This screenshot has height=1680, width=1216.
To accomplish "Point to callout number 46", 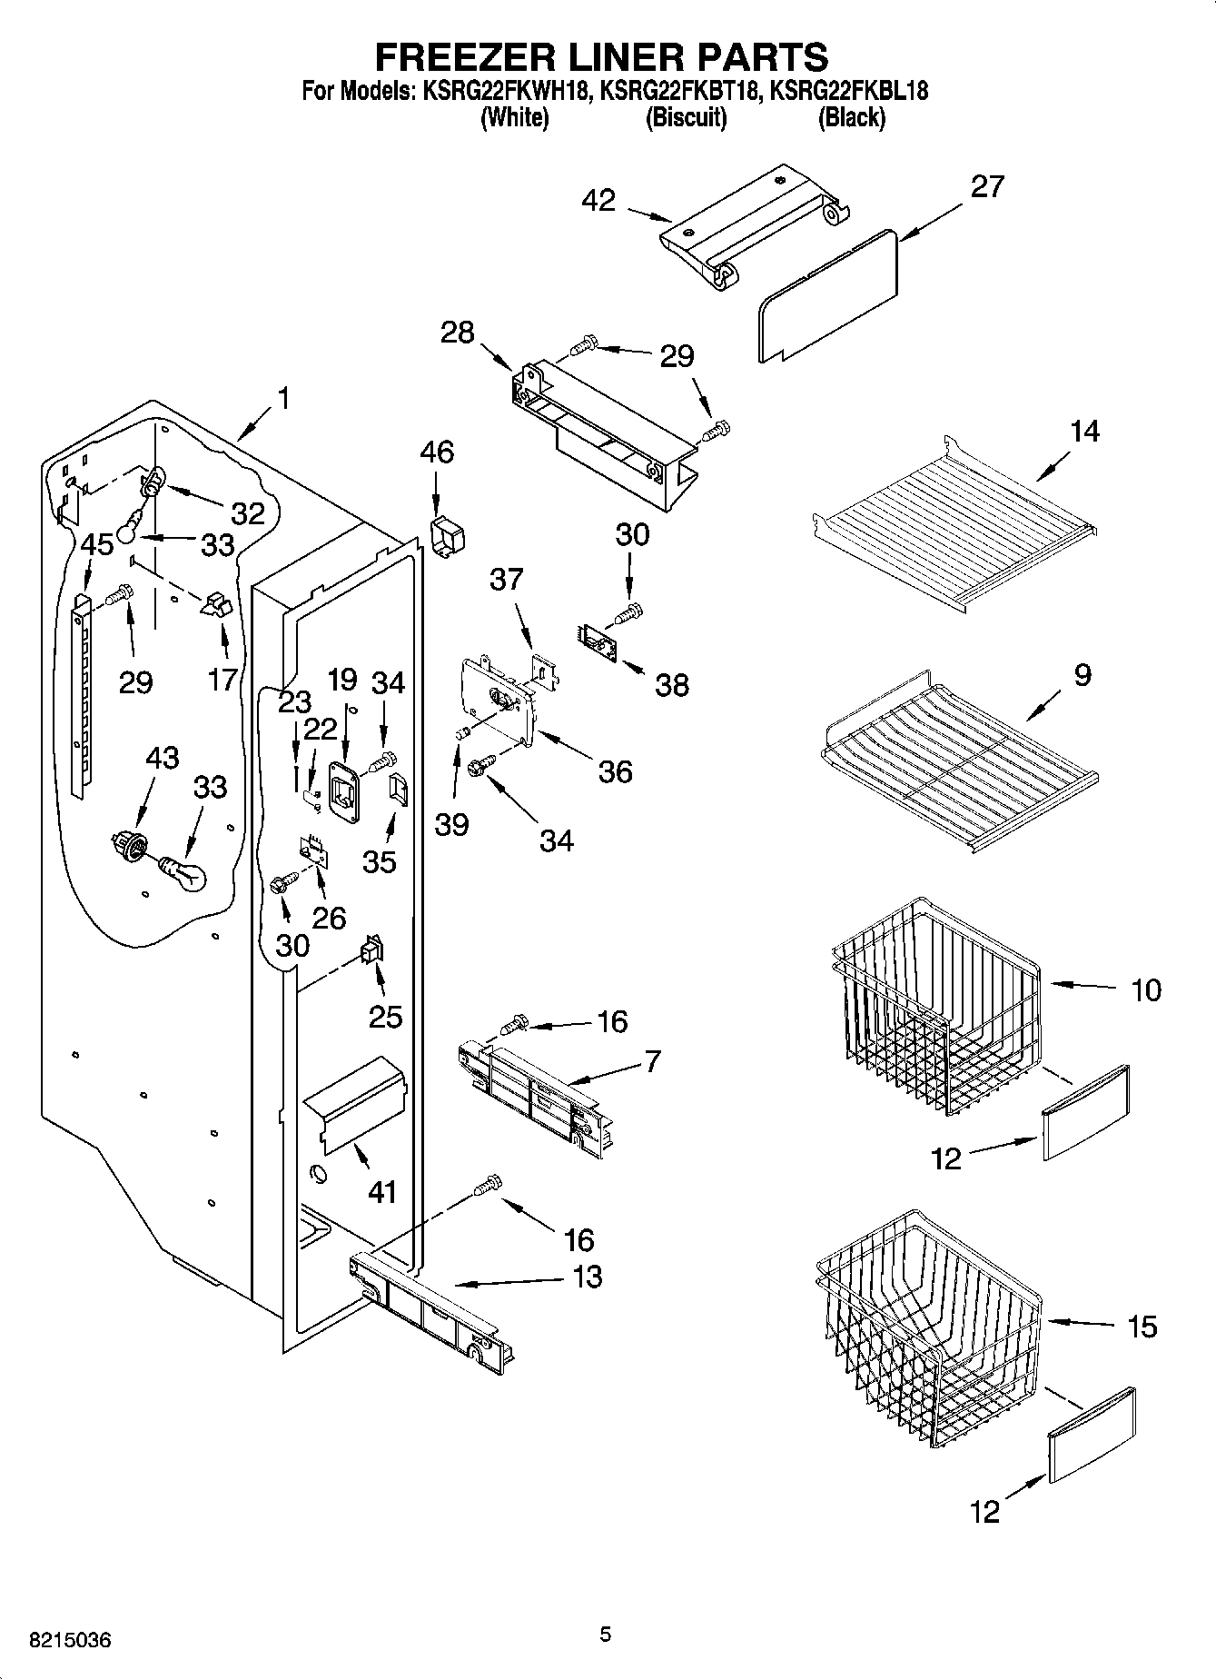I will (437, 452).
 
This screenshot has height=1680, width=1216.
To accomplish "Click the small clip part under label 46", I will (444, 537).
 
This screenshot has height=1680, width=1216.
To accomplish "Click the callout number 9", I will (1081, 674).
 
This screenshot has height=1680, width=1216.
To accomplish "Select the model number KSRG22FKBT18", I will (678, 91).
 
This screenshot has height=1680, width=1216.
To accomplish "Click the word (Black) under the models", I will (851, 117).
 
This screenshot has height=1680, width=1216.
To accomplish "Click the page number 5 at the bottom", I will (606, 1635).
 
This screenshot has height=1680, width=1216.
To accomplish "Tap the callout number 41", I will (381, 1191).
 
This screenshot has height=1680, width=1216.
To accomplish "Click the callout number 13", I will (588, 1277).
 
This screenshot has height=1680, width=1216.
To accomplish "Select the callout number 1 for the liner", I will (283, 398).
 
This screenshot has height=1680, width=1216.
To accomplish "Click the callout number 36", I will (615, 771).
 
